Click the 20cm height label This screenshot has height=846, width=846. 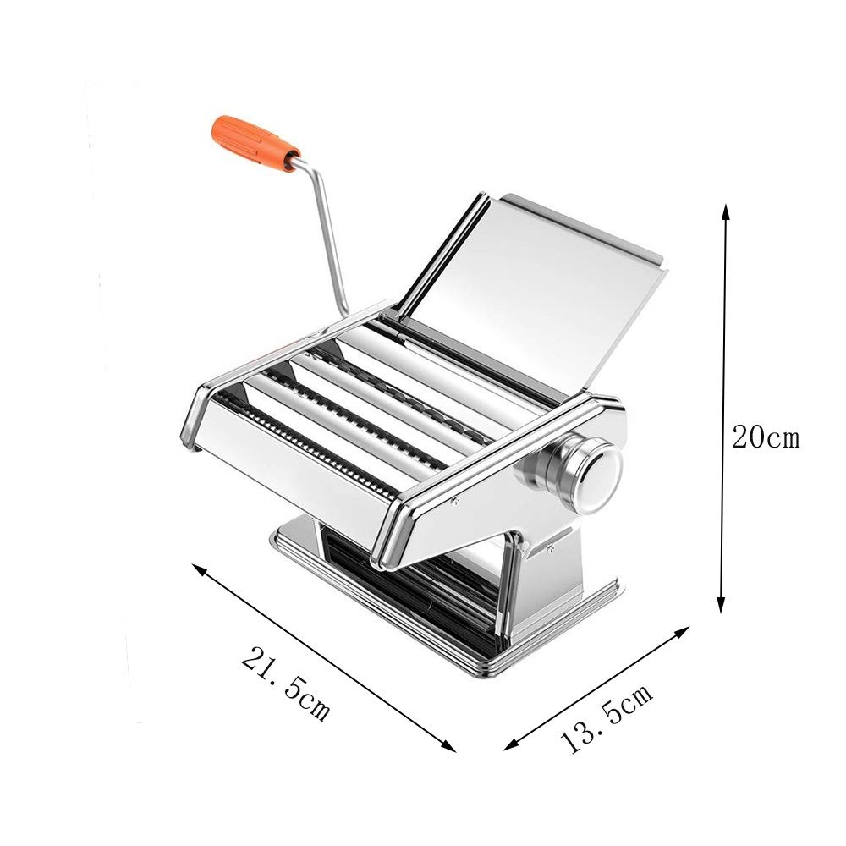765,438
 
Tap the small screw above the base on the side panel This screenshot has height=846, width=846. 551,550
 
